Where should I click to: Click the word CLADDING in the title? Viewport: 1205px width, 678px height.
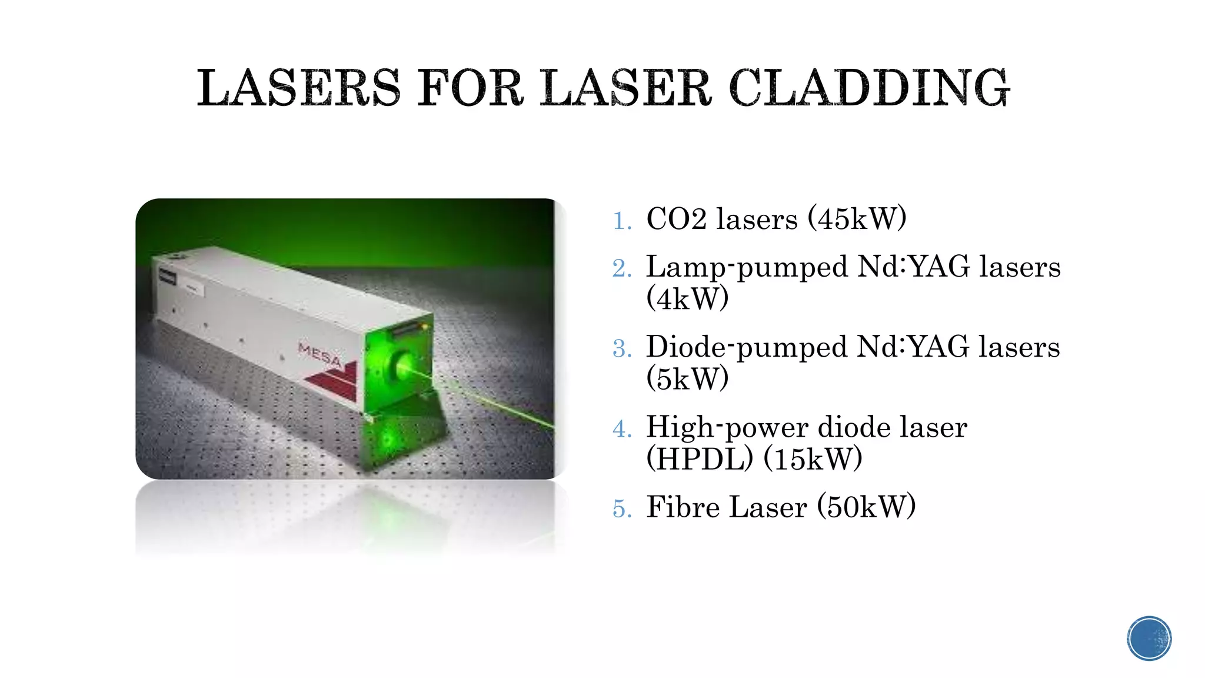click(869, 88)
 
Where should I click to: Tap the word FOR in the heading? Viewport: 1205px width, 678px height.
click(470, 88)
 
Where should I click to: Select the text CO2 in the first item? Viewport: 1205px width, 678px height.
click(676, 219)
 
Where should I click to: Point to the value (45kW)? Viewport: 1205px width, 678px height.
click(857, 219)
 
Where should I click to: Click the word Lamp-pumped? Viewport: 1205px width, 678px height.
click(747, 267)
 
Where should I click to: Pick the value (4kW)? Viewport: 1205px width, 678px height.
click(687, 298)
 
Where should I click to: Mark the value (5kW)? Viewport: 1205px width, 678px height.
click(687, 378)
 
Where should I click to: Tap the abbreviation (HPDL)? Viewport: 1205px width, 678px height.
click(700, 458)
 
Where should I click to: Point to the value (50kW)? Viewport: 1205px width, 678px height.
click(866, 507)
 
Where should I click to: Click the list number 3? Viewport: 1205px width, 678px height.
click(621, 349)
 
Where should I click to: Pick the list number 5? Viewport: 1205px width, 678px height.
click(621, 509)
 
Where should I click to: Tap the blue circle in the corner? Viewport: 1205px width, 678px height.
click(1149, 639)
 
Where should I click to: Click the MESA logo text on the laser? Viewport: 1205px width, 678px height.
click(319, 354)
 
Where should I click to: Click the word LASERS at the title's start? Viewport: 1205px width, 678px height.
click(298, 88)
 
